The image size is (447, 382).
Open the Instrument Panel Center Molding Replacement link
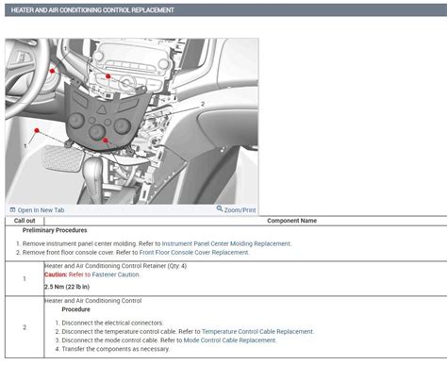coord(226,243)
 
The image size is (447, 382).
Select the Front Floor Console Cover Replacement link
coord(193,253)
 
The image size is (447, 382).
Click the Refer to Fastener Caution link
coord(105,274)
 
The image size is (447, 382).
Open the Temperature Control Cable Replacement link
coord(257,331)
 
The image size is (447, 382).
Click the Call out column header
coord(25,221)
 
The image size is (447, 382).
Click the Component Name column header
coord(292,221)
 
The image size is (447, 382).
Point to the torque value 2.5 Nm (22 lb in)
coord(67,287)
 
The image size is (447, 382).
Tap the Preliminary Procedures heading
coord(55,230)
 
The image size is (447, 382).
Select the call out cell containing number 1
coord(25,279)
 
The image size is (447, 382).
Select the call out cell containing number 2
coord(25,327)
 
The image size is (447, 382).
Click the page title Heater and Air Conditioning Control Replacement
coord(91,9)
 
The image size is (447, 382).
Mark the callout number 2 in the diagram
coord(202,104)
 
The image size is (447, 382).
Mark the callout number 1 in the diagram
coord(25,146)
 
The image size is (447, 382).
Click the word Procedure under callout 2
coord(75,309)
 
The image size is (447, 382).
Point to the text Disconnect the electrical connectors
coord(112,323)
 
